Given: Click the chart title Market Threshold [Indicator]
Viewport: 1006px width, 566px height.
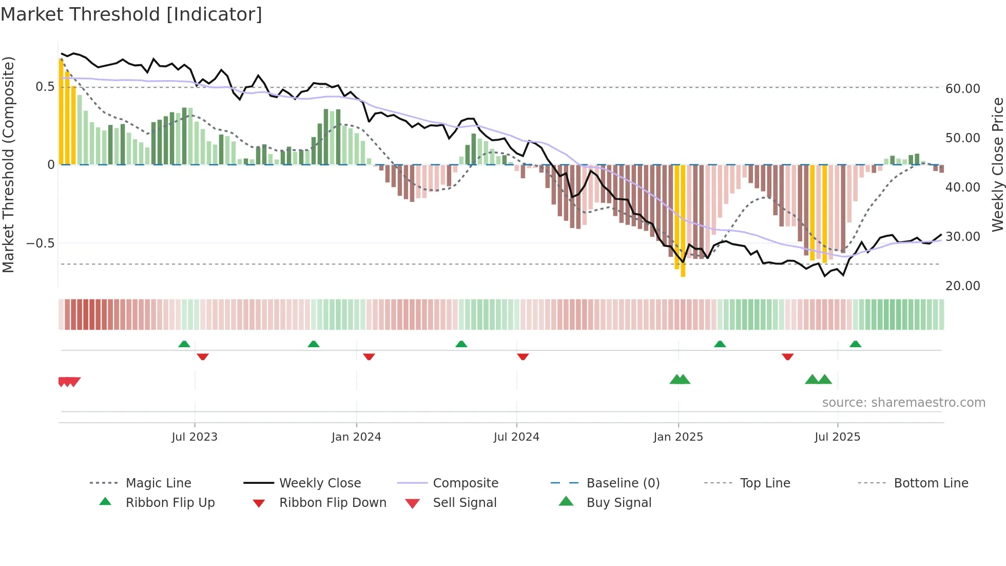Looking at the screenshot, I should (131, 14).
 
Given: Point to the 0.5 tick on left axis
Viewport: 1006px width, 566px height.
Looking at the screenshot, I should (45, 87).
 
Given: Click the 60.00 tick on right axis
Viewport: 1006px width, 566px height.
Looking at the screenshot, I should (963, 88).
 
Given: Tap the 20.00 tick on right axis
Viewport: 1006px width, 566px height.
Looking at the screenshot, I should (963, 286).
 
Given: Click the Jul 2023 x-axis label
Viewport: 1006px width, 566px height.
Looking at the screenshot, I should (195, 437).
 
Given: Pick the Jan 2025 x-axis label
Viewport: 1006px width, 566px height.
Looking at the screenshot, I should (678, 437).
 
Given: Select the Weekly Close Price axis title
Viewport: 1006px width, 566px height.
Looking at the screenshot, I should (997, 164).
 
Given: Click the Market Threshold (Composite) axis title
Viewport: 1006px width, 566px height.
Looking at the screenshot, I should (8, 164).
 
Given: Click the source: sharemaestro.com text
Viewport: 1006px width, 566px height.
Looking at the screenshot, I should (903, 403).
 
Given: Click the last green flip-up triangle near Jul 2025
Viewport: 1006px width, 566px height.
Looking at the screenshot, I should (855, 344).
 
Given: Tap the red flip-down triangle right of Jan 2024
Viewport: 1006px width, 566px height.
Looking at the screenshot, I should (369, 356).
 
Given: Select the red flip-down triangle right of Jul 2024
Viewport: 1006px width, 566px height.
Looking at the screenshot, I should (523, 356).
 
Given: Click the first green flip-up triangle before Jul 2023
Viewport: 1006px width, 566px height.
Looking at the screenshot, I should (184, 344).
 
